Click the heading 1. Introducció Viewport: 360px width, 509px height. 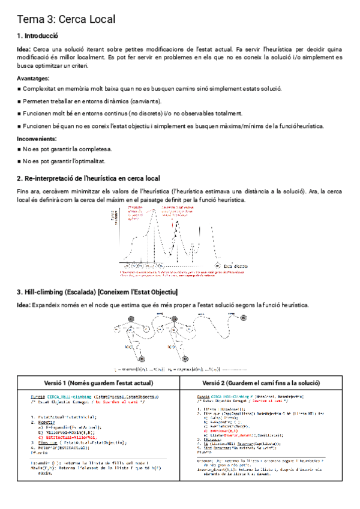tap(38, 35)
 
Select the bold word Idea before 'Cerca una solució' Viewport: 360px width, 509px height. tap(24, 49)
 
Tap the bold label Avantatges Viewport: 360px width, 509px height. tap(34, 78)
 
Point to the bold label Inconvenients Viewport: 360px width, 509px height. tap(37, 139)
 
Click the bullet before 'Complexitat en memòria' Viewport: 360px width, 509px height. tap(19, 89)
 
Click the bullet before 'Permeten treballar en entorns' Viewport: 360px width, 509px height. tap(19, 101)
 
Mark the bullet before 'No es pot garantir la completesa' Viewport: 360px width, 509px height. tap(19, 149)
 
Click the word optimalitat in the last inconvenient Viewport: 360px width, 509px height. tap(88, 161)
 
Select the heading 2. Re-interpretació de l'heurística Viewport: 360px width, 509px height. tap(88, 179)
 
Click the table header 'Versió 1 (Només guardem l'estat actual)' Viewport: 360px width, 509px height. tap(98, 383)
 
